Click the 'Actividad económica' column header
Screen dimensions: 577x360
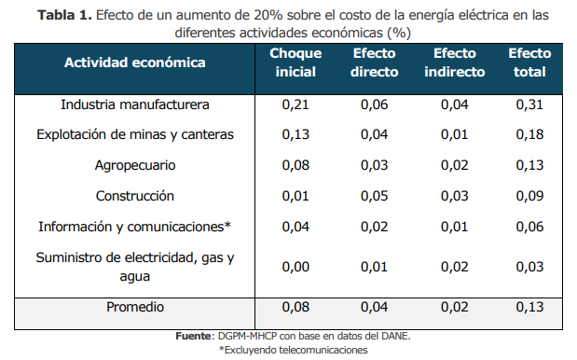(134, 62)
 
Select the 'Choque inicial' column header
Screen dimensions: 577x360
(295, 62)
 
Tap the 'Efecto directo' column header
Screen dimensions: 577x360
(374, 62)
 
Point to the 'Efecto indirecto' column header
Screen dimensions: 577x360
(455, 62)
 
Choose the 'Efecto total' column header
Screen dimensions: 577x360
(529, 62)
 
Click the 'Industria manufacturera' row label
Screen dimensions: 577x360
(134, 104)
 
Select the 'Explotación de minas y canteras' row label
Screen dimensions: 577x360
(134, 134)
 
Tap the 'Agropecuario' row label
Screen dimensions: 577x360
(134, 166)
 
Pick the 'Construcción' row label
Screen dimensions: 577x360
(134, 196)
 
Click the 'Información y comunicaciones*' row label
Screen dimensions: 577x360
(134, 227)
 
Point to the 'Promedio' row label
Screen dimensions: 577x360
(134, 307)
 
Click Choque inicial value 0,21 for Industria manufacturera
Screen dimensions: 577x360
(295, 104)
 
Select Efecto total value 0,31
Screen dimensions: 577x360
(529, 104)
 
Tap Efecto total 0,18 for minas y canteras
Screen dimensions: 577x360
(529, 134)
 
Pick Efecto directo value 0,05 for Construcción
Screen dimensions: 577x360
(374, 196)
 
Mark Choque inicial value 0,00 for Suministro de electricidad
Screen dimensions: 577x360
(295, 267)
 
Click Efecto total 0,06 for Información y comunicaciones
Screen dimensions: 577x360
(529, 227)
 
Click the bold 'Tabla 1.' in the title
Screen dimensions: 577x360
(64, 15)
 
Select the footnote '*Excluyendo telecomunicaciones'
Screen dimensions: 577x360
(293, 350)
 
